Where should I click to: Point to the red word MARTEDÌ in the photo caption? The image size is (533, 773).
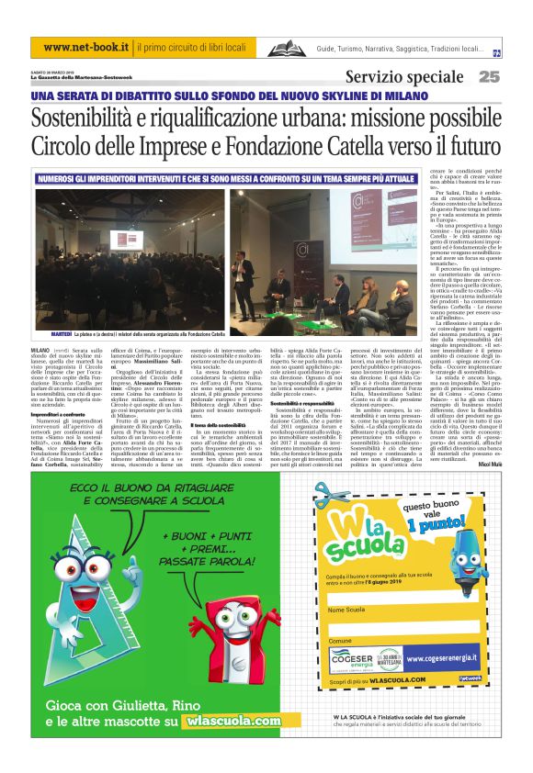(52, 335)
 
